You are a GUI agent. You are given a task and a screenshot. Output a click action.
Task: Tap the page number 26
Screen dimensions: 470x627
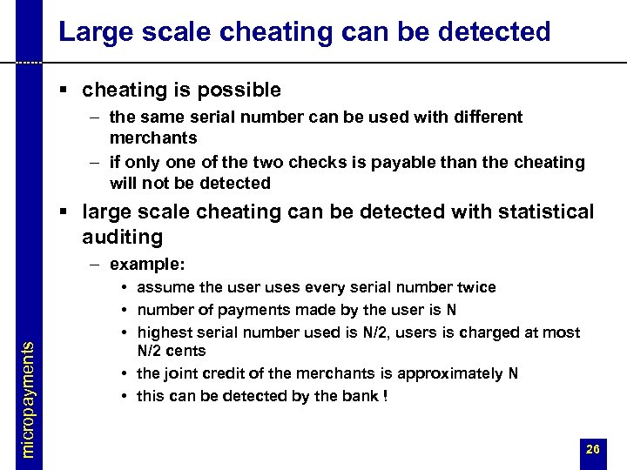click(592, 449)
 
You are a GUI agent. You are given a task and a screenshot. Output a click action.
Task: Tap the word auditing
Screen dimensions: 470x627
click(122, 237)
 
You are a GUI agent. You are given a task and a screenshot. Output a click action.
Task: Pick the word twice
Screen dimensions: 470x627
click(474, 287)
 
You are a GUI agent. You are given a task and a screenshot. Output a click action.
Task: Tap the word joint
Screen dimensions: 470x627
click(184, 373)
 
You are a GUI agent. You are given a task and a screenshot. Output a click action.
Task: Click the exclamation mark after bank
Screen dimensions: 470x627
click(383, 396)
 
